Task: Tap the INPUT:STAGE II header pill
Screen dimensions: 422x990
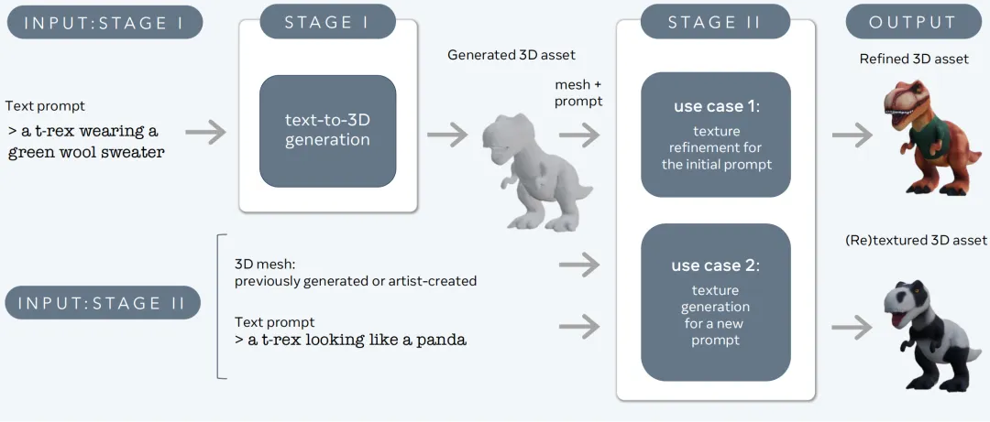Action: pos(103,303)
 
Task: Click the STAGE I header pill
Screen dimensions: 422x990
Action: pos(327,22)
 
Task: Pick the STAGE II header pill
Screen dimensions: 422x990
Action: pos(714,22)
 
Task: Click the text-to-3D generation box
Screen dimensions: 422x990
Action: pos(327,131)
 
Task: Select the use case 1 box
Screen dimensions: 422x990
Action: pos(715,135)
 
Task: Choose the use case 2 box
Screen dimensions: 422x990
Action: pos(715,302)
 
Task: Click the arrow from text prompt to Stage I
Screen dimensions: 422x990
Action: pos(211,133)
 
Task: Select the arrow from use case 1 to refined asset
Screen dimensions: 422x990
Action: pos(852,135)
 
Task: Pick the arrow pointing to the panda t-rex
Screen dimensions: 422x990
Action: pos(852,325)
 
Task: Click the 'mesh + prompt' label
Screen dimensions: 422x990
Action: pos(578,93)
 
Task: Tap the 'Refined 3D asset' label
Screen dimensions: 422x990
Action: pos(914,59)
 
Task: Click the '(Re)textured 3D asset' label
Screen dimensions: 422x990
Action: pos(914,240)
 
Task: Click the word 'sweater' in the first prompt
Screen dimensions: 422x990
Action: pos(133,152)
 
